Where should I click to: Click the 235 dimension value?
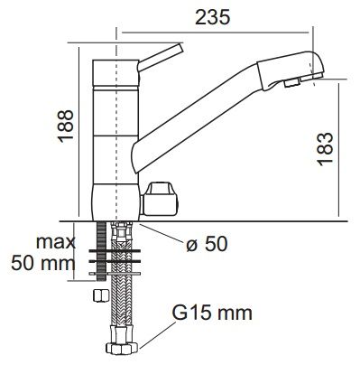(x=212, y=17)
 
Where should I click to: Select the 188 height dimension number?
(x=66, y=126)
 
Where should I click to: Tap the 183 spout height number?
(x=326, y=149)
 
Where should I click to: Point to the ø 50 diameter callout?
(x=207, y=244)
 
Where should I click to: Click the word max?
(x=56, y=242)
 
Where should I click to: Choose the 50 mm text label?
(x=43, y=263)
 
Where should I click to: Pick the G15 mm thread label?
(x=212, y=313)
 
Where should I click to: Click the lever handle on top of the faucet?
(x=161, y=58)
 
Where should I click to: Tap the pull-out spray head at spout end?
(x=291, y=70)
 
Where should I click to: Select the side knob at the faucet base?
(x=161, y=199)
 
